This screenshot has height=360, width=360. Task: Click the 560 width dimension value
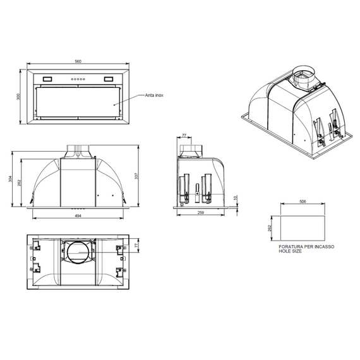pyautogui.click(x=78, y=62)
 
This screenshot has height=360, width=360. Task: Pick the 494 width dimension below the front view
pyautogui.click(x=78, y=217)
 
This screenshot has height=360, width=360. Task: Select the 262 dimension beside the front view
pyautogui.click(x=20, y=184)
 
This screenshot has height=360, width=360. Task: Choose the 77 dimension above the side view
pyautogui.click(x=184, y=135)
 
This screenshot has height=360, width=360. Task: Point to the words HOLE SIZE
pyautogui.click(x=290, y=251)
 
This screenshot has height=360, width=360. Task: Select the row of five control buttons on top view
pyautogui.click(x=78, y=79)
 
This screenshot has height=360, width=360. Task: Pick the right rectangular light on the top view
pyautogui.click(x=105, y=79)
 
